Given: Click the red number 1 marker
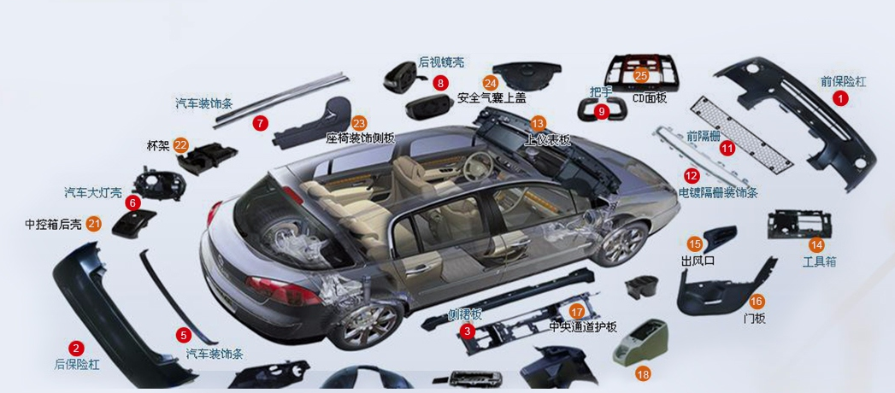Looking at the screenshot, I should tap(841, 98).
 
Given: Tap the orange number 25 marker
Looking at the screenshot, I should tap(641, 75).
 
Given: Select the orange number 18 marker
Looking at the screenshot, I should tap(643, 373).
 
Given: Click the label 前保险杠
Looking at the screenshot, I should tap(843, 82).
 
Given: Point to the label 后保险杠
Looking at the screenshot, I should tap(77, 364).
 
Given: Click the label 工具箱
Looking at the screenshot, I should tap(819, 261).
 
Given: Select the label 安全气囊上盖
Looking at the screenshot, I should tap(492, 98).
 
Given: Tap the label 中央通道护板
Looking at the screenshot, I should tap(582, 326).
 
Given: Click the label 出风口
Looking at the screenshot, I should tap(697, 260).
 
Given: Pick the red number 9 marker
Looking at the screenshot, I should tap(601, 111).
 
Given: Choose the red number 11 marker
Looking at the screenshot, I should tap(727, 148).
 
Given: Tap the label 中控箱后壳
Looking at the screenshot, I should tap(53, 225).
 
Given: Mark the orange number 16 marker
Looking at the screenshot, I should tap(756, 301).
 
